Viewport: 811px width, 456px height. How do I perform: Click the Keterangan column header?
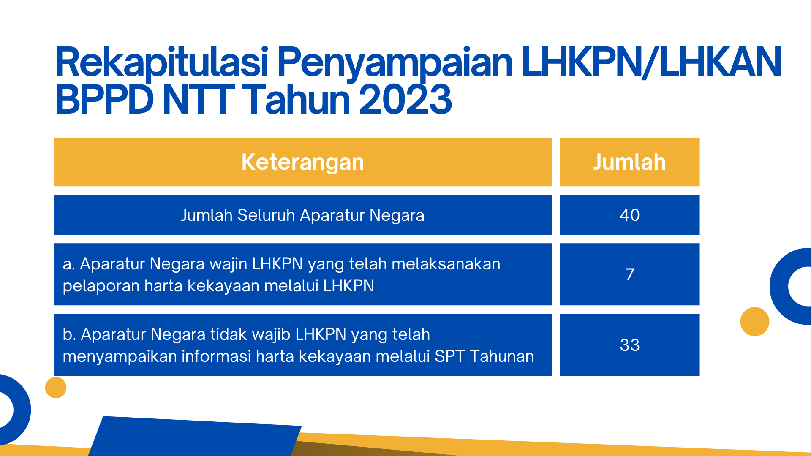point(302,162)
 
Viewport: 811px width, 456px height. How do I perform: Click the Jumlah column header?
point(630,162)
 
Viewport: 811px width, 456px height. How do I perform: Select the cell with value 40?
point(630,215)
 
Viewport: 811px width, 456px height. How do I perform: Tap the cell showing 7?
point(630,274)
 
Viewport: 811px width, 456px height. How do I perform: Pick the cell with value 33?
point(630,345)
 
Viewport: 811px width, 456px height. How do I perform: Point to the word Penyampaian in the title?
point(395,63)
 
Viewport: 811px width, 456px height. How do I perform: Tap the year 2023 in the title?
point(405,100)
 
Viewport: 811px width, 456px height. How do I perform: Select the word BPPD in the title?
point(104,100)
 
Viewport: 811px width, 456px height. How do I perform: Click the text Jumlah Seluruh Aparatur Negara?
point(302,215)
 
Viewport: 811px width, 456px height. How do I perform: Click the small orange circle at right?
point(755,322)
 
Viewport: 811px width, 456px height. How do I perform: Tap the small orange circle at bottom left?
point(56,388)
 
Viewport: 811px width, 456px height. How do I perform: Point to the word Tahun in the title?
point(298,100)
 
